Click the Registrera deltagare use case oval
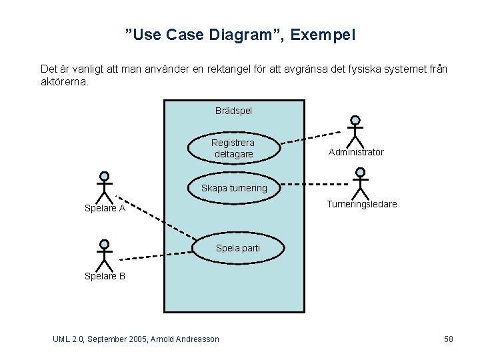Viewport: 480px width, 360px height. coord(233,148)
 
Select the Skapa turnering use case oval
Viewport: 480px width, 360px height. coord(234,188)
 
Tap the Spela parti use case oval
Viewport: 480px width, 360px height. coord(238,248)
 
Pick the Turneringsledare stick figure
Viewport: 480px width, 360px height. coord(360,183)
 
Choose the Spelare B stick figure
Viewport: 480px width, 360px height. coord(104,255)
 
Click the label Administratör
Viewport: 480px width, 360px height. coord(356,153)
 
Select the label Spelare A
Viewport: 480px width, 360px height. coord(105,208)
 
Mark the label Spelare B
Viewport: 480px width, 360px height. coord(105,276)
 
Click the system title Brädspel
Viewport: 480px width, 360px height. coord(233,110)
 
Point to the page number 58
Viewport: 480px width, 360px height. coord(449,339)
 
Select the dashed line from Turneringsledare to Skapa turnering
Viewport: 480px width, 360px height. coord(313,180)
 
